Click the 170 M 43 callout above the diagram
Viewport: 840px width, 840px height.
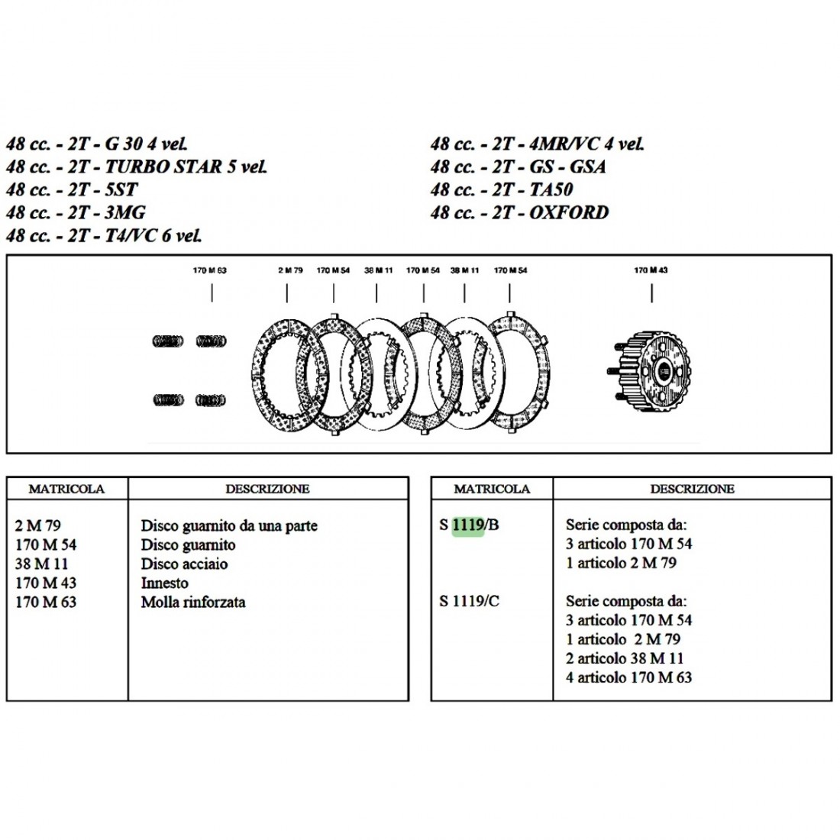tap(651, 270)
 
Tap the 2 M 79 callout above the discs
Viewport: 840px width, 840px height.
tap(290, 270)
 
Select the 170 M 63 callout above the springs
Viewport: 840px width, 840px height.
tap(209, 270)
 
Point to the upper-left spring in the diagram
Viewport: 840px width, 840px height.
tap(168, 341)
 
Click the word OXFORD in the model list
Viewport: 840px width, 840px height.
tap(569, 213)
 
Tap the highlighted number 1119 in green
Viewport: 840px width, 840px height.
tap(468, 525)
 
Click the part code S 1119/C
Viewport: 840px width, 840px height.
tap(470, 601)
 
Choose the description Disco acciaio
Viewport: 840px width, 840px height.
tap(184, 564)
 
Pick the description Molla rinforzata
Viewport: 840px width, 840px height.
tap(193, 603)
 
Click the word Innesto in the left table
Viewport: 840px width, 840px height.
tap(164, 583)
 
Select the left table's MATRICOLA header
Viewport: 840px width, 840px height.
tap(66, 489)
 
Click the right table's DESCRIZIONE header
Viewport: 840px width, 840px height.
tap(692, 489)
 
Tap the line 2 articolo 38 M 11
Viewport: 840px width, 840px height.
tap(625, 658)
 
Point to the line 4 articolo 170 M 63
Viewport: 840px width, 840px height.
tap(629, 677)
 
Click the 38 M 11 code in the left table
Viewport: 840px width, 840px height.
tap(41, 564)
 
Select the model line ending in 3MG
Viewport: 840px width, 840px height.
tap(76, 213)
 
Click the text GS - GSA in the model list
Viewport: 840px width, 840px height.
tap(568, 166)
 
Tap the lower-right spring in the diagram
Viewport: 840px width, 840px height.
tap(211, 400)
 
